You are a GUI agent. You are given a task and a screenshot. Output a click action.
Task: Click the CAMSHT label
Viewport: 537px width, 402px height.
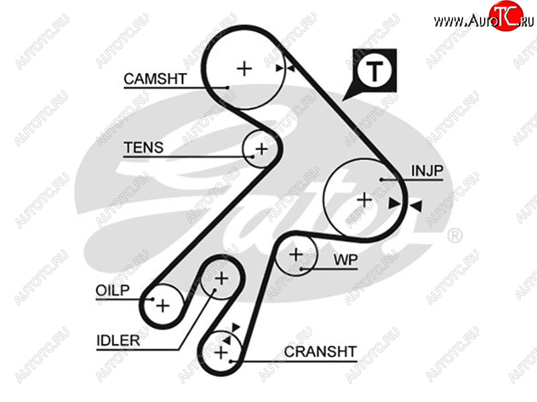[x=155, y=79]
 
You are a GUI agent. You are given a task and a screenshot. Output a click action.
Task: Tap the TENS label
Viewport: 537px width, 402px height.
[x=144, y=147]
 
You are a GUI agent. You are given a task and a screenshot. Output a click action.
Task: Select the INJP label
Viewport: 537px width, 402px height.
[x=428, y=172]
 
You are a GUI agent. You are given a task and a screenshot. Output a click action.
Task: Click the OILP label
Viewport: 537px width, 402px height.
[x=110, y=290]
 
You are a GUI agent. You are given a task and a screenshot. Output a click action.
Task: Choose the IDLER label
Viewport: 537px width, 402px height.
[x=117, y=340]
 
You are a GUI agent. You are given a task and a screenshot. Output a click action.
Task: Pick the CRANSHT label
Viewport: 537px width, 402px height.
[x=320, y=351]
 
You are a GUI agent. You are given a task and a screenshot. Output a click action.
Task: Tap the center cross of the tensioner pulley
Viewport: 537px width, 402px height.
[x=261, y=149]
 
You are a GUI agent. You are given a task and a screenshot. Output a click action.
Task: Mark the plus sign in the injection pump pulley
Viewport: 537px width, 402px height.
[x=364, y=198]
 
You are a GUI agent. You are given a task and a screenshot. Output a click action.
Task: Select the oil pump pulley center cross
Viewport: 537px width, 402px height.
[x=162, y=305]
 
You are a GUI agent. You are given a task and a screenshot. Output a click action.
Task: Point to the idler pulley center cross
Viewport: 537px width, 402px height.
[x=221, y=277]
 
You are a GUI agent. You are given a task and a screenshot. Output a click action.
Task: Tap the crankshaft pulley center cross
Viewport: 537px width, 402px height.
[x=221, y=351]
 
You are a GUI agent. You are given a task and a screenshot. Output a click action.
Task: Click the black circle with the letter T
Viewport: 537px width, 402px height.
[x=375, y=70]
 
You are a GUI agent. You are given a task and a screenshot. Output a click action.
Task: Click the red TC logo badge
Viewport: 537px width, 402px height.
[x=505, y=16]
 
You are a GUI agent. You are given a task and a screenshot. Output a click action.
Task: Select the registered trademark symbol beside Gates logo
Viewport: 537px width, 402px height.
[x=454, y=235]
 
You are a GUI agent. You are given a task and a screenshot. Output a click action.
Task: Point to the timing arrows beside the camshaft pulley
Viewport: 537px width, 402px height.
[x=285, y=67]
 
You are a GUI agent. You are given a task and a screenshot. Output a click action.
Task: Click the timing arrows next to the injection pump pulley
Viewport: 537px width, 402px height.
[x=405, y=204]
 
